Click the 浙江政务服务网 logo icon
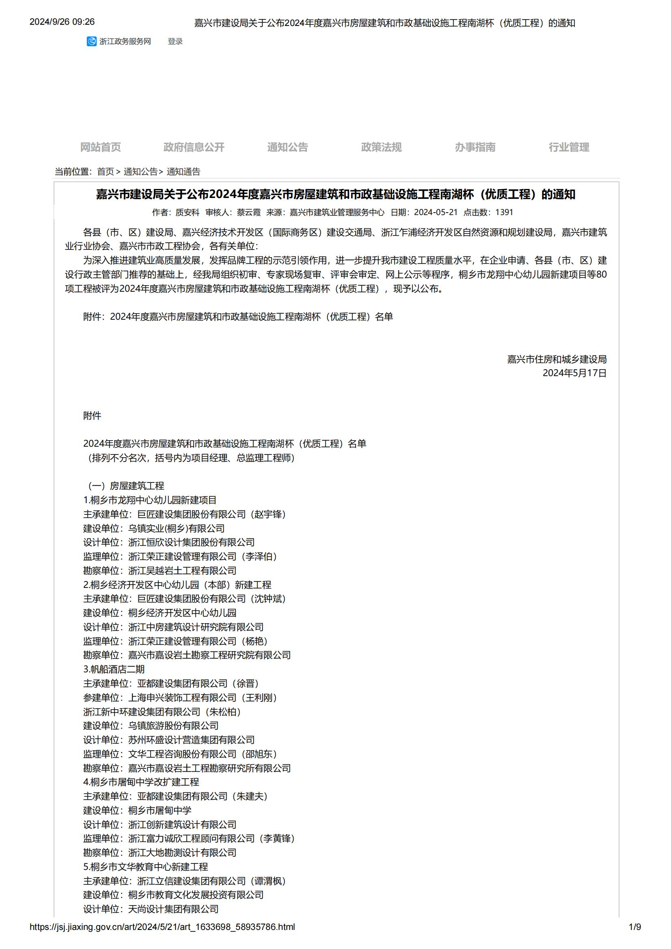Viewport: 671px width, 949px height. [91, 41]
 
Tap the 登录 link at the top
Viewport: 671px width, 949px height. [175, 41]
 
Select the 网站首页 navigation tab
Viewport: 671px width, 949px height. [100, 147]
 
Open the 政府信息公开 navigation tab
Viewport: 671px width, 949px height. [194, 147]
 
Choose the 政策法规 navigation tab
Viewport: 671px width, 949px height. [381, 147]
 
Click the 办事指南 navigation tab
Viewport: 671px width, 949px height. [475, 147]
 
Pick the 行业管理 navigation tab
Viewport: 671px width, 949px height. [569, 147]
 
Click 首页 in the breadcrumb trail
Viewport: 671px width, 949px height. [106, 172]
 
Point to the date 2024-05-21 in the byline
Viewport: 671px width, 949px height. [436, 213]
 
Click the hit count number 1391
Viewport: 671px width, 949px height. [504, 213]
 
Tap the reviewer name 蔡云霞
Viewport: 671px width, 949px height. [248, 213]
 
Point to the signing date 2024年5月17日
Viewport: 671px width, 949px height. [574, 373]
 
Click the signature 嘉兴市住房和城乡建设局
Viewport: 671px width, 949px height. [557, 359]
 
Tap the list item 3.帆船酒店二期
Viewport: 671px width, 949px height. [114, 669]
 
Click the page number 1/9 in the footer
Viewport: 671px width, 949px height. [634, 927]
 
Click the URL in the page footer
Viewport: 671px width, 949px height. [162, 927]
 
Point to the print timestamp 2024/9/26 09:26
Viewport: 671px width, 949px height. [62, 22]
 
